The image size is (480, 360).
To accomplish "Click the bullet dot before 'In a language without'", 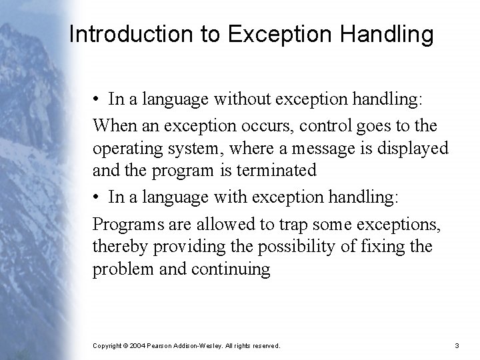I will (97, 100).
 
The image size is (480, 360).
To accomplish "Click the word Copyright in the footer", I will (107, 346).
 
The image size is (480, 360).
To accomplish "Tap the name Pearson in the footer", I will (163, 346).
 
